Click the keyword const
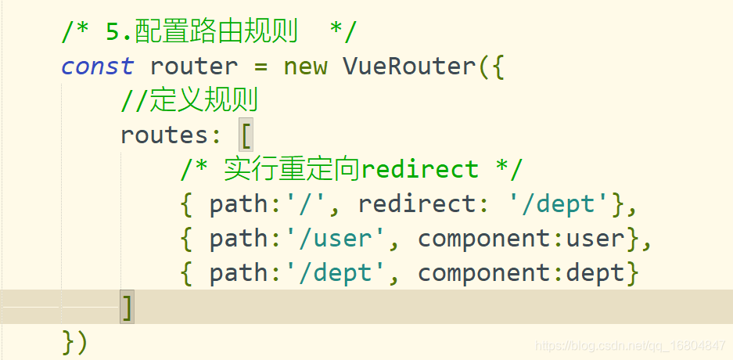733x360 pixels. coord(97,67)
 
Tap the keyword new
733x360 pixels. coord(305,67)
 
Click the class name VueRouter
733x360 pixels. coord(408,67)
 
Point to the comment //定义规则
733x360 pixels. coord(189,101)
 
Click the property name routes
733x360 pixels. coord(164,135)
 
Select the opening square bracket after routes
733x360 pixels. coord(245,135)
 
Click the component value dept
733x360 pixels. coord(595,273)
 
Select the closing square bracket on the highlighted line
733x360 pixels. coord(127,308)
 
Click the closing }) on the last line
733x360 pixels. coord(74,342)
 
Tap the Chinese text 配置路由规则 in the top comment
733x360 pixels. coord(216,32)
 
